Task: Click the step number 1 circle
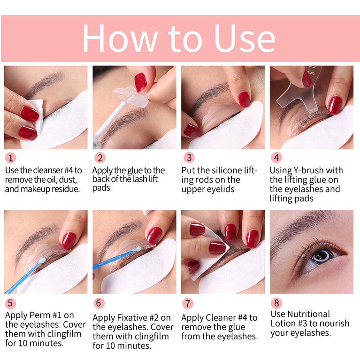(9, 158)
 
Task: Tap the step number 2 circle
(99, 158)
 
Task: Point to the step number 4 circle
(277, 158)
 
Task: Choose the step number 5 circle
(9, 303)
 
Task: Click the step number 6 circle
(99, 303)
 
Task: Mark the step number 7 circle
(188, 303)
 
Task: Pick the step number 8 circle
(277, 303)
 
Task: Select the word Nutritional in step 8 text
(300, 314)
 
